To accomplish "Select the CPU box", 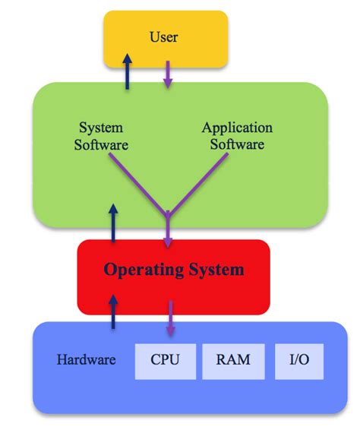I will click(x=165, y=359).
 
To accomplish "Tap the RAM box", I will click(x=232, y=359).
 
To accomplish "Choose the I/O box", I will click(x=298, y=359).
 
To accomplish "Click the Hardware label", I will click(x=86, y=359).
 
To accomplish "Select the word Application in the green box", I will click(x=237, y=128).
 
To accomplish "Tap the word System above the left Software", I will click(x=101, y=128).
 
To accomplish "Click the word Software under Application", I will click(x=237, y=144).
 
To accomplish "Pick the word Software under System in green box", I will click(x=101, y=144).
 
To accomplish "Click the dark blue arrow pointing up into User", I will click(x=127, y=72).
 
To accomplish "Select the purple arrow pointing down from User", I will click(x=168, y=73).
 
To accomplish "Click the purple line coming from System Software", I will click(x=137, y=181).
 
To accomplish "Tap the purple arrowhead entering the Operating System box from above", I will click(x=168, y=242).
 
